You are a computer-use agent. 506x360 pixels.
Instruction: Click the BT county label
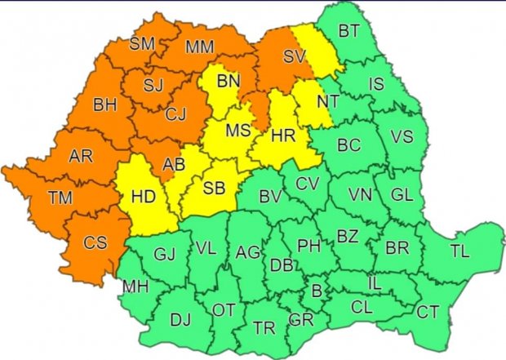(348, 32)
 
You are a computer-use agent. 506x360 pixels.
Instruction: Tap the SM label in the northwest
(144, 43)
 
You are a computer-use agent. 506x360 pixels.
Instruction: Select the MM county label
(199, 47)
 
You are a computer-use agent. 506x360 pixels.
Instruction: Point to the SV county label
(293, 56)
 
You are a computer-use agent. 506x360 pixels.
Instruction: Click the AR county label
(81, 155)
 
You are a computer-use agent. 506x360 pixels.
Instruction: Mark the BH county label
(105, 104)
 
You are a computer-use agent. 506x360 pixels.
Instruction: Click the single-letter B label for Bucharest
(315, 291)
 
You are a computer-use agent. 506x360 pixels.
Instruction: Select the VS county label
(402, 136)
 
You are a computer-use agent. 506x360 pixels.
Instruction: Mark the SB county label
(214, 188)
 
